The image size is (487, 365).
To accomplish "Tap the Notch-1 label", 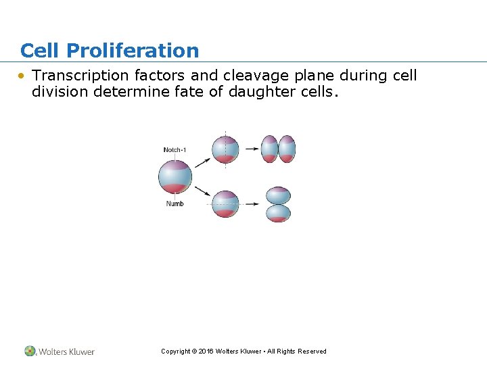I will tap(175, 149).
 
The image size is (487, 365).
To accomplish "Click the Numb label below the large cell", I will tap(175, 203).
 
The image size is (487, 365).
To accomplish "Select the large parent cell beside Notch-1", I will tap(175, 177).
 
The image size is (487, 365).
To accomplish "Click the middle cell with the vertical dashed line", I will tap(225, 149).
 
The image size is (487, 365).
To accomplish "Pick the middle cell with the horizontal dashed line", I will tap(225, 203).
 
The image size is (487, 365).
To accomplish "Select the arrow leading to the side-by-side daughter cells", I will tap(252, 149).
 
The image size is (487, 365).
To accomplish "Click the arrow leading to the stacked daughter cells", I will tap(252, 203).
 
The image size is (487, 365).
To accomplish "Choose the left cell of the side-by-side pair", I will tap(270, 149).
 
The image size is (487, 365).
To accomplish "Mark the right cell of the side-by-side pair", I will tap(287, 149).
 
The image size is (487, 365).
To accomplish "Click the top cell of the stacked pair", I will tap(279, 195).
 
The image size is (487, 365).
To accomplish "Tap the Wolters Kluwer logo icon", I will tap(30, 351).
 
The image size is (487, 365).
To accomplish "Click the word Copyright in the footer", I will tap(175, 351).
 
